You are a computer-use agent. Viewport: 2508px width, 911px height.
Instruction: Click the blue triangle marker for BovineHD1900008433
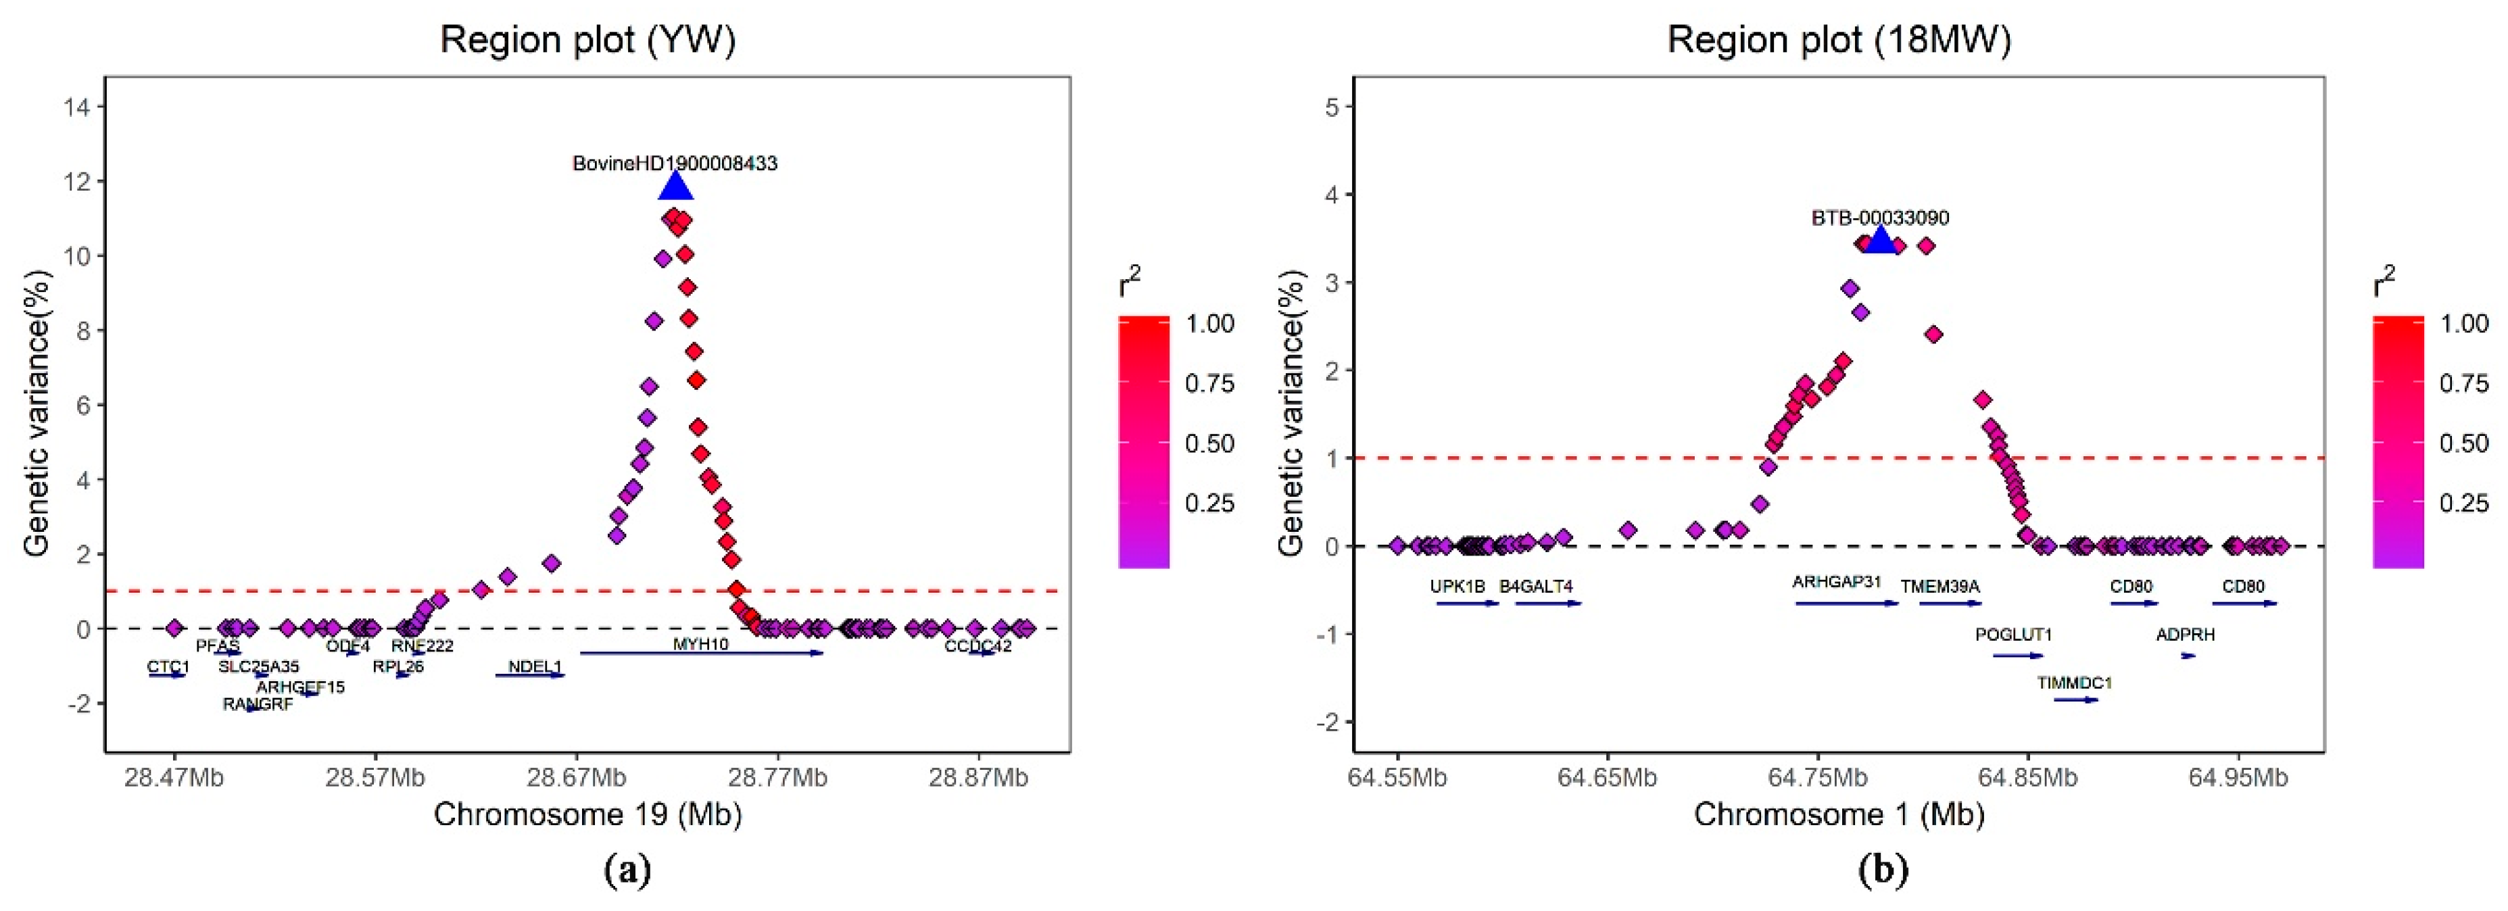[676, 186]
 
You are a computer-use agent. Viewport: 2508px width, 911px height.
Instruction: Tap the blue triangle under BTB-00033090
[1881, 239]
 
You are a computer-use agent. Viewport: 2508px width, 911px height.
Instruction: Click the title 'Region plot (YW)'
[588, 40]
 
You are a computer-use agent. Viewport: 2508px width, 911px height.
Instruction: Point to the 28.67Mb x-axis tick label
[575, 778]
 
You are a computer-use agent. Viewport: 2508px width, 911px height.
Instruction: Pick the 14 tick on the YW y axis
[76, 107]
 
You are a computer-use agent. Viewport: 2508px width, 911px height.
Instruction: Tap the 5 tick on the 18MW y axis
[1332, 106]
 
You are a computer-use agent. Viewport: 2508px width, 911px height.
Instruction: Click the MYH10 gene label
[700, 644]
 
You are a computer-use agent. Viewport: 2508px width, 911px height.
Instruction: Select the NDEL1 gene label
[535, 667]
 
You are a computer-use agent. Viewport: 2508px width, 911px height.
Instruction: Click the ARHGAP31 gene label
[1836, 582]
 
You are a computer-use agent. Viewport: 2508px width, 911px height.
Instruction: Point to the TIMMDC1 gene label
[2075, 683]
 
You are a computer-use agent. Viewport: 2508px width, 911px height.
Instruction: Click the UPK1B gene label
[1457, 587]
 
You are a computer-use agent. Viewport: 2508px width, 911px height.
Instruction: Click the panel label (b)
[1883, 869]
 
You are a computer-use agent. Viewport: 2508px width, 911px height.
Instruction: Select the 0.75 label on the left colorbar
[1209, 383]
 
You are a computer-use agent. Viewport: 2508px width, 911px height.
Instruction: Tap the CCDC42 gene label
[978, 645]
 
